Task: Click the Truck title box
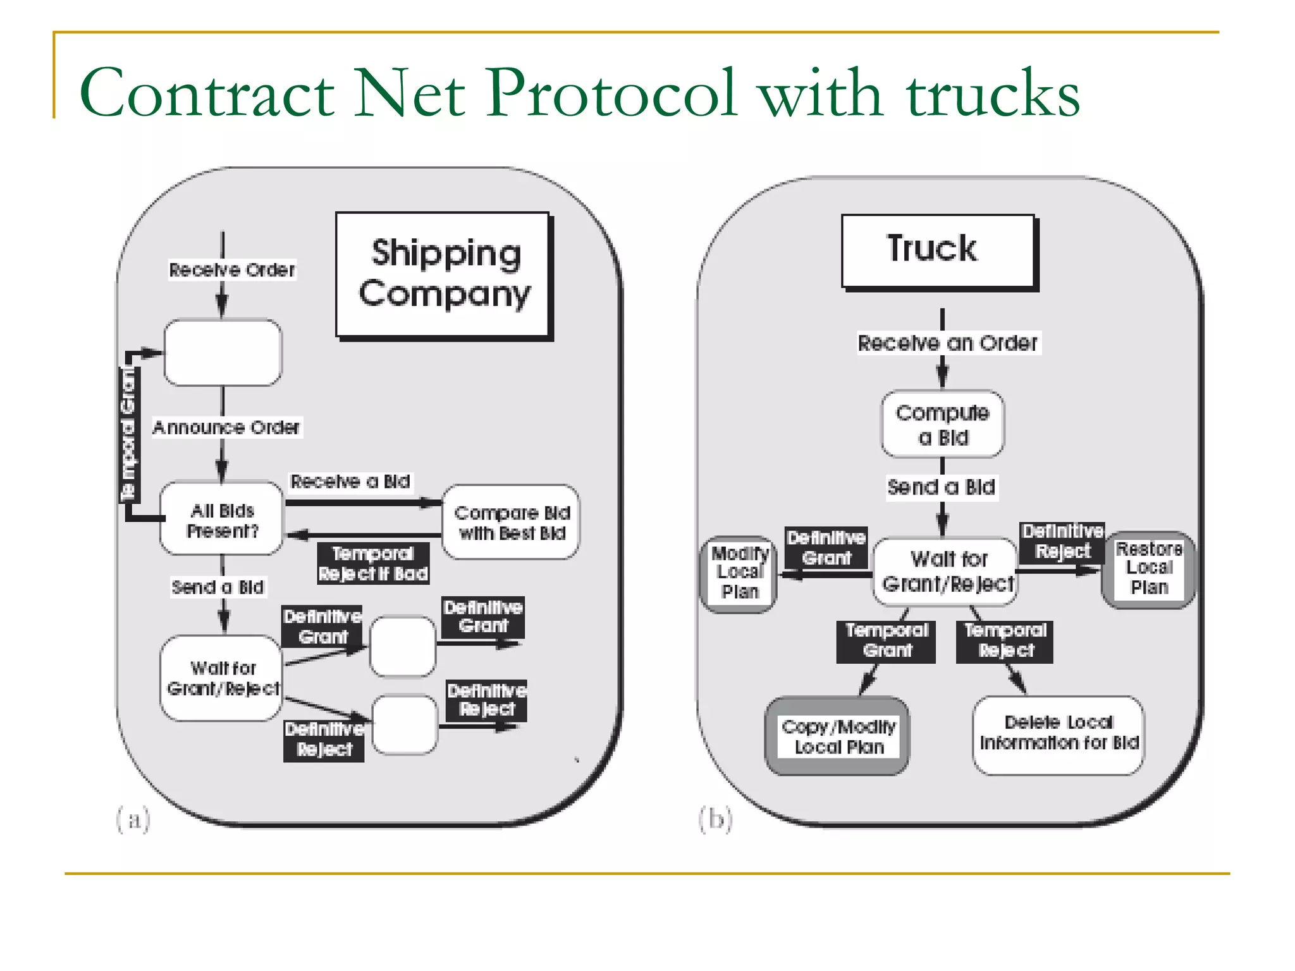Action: coord(938,251)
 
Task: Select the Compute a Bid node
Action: coord(942,424)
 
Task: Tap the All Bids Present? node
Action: coord(222,520)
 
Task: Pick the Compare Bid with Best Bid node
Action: coord(511,522)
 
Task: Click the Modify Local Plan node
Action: coord(739,572)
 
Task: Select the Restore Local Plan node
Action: coord(1148,569)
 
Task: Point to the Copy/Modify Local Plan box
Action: coord(837,736)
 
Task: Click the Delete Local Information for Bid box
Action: coord(1059,733)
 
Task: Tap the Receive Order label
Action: coord(232,270)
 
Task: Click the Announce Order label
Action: coord(226,427)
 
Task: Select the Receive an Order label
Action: coord(947,343)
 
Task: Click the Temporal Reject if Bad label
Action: coord(373,563)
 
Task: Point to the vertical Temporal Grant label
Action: coord(129,434)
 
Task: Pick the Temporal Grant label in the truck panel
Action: coord(886,640)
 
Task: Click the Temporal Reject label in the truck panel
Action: coord(1005,640)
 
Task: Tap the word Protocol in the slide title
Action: coord(611,93)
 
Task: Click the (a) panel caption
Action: coord(133,819)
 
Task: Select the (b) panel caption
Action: coord(716,819)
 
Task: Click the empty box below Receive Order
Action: coord(223,352)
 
